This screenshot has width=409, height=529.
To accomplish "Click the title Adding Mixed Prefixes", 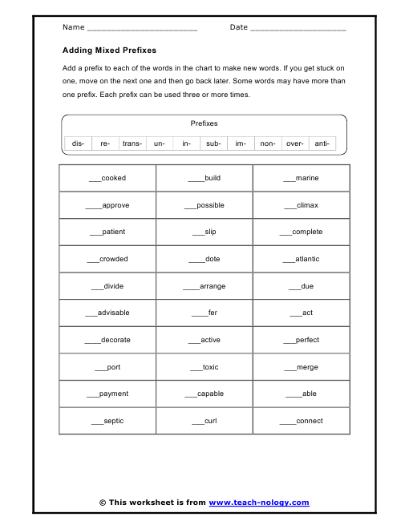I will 109,50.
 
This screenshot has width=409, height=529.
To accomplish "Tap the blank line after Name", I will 142,29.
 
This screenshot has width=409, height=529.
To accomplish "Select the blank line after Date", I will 298,29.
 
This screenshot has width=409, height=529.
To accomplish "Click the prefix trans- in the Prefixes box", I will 132,143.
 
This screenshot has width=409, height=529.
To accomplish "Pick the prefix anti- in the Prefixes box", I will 322,143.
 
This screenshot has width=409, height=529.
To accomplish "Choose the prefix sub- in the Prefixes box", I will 213,143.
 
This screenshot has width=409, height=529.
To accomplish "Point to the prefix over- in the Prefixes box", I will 294,143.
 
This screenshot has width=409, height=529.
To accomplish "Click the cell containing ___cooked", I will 107,178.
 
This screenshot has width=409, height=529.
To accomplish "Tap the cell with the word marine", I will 301,178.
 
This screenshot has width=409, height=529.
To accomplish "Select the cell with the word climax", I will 301,205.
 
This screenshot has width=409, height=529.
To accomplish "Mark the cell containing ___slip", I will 204,232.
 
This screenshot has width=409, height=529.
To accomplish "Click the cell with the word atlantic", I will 301,259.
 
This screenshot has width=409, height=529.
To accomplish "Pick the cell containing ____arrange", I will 204,286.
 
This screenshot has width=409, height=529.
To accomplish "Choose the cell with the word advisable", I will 107,313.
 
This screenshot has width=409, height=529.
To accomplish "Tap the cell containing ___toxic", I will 204,367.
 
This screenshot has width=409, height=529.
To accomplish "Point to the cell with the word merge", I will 301,367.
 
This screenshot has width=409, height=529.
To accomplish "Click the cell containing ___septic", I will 107,421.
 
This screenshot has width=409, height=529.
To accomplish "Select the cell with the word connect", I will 301,421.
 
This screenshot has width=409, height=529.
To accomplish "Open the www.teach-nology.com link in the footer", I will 258,503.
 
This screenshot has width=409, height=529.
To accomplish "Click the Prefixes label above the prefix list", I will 204,123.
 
